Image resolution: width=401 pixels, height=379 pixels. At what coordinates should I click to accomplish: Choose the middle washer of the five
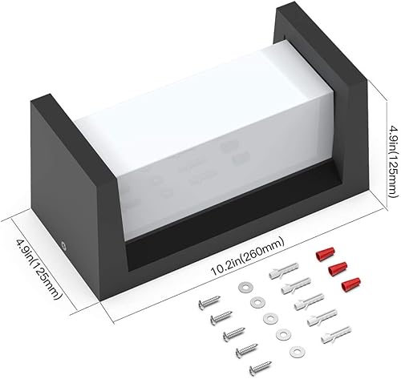click(x=269, y=317)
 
